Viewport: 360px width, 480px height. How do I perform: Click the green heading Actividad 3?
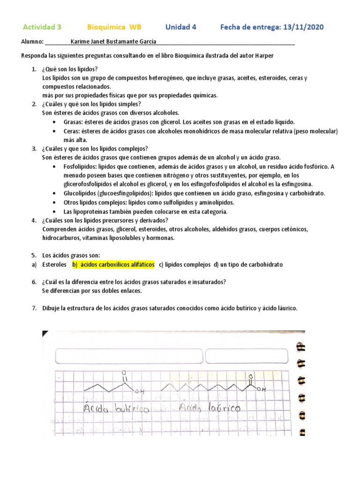coord(42,27)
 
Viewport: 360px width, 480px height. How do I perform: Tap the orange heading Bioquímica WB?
coord(114,27)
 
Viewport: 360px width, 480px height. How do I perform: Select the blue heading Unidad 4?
coord(180,27)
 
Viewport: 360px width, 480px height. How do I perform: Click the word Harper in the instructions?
coord(263,56)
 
